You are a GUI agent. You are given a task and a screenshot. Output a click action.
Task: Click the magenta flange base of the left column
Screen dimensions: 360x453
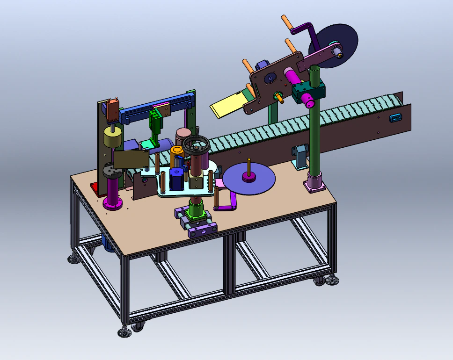click(113, 203)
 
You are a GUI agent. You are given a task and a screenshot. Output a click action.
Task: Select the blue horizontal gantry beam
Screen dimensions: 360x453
click(154, 107)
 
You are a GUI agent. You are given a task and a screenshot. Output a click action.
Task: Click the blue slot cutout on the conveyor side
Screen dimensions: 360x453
click(396, 118)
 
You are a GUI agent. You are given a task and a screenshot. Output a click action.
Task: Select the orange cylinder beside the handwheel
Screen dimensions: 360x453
click(176, 151)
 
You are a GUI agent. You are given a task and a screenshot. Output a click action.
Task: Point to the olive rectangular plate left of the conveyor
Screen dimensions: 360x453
click(131, 159)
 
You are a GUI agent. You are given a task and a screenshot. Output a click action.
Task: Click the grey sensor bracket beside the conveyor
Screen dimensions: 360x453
click(300, 156)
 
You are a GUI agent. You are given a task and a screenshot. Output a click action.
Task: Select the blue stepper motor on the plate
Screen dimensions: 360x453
click(176, 179)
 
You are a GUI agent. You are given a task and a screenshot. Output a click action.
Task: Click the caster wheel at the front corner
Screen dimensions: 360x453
click(138, 327)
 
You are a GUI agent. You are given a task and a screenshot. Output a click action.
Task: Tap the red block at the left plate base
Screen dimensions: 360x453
click(94, 188)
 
